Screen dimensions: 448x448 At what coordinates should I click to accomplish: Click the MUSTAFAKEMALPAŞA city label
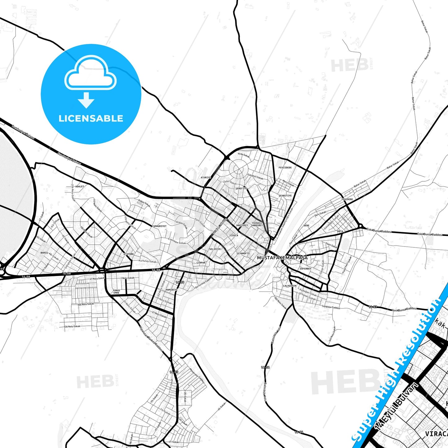click(x=282, y=258)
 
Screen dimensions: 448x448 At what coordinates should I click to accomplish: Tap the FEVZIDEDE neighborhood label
click(x=285, y=168)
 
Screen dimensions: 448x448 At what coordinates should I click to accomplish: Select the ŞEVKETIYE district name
click(x=285, y=196)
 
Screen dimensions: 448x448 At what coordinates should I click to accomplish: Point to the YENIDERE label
click(x=347, y=199)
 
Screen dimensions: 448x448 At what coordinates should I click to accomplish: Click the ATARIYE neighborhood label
click(x=206, y=178)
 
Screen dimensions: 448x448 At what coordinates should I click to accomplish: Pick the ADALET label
click(x=80, y=187)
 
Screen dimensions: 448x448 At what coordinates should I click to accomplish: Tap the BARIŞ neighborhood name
click(x=44, y=253)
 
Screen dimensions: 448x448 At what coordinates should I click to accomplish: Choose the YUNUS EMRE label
click(x=116, y=291)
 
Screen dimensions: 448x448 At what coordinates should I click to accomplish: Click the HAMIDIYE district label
click(x=172, y=290)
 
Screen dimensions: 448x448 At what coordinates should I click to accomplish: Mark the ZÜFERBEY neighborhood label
click(x=305, y=269)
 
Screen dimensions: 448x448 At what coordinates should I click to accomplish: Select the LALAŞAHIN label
click(x=290, y=286)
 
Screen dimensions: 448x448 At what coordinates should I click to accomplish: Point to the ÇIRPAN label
click(x=201, y=263)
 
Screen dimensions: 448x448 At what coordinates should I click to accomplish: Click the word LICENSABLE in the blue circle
click(x=91, y=118)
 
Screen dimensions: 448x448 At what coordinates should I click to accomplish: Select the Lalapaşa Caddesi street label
click(x=331, y=307)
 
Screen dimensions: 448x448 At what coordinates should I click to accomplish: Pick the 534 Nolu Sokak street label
click(x=72, y=326)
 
